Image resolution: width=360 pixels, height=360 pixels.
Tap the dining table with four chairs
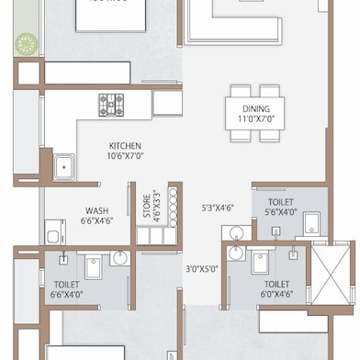coord(256,113)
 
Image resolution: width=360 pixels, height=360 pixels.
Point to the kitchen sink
coord(64,168)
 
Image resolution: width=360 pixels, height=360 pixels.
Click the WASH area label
coord(96,210)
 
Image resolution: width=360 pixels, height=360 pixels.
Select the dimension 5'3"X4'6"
coord(218,208)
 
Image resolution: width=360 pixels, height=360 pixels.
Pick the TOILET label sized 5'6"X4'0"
coord(281,202)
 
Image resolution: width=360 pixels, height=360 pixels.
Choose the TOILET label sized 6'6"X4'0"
coord(67,285)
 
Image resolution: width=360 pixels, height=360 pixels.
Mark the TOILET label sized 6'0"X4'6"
coord(276,285)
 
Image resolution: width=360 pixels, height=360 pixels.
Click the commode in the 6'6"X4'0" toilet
coord(94,267)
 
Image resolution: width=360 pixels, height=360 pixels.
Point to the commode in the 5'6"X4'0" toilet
coord(311,220)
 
